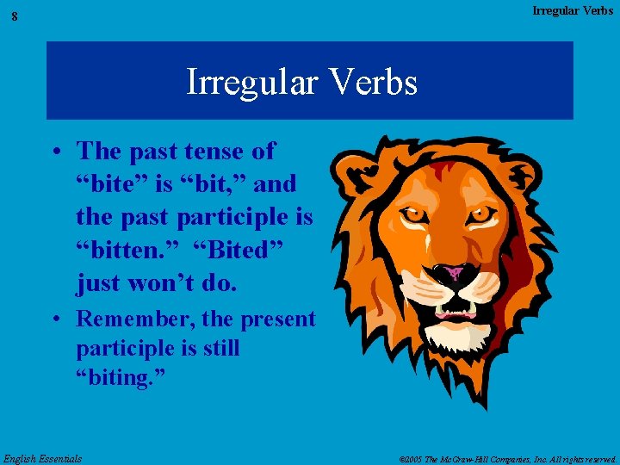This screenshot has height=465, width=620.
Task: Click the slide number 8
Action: pos(15,16)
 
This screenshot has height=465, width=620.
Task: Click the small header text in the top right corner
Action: pos(573,11)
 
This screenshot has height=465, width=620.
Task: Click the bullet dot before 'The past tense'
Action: pos(54,152)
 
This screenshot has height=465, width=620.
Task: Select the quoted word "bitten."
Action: pos(120,250)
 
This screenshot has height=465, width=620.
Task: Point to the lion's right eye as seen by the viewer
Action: pos(479,213)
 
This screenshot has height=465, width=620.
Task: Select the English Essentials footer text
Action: pos(43,458)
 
